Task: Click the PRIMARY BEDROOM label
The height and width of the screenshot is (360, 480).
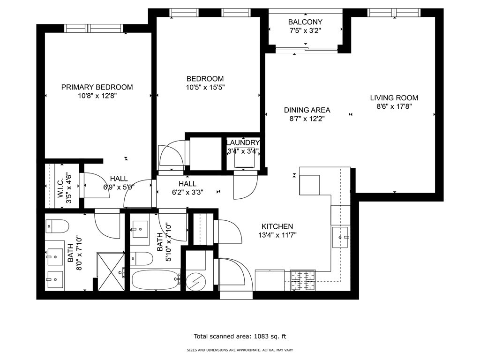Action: point(97,87)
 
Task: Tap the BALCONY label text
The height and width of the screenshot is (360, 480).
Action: point(305,22)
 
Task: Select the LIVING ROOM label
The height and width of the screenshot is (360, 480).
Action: point(394,98)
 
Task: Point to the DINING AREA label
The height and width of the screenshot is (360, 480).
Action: point(307,110)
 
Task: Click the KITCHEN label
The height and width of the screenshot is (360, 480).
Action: point(277,226)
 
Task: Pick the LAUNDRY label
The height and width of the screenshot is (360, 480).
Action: point(243,142)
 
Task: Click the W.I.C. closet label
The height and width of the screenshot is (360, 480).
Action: point(60,187)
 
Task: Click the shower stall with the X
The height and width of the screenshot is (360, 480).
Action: point(111,271)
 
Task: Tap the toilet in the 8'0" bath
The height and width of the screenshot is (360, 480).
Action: point(57,227)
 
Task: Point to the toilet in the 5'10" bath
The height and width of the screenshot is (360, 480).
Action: point(142,258)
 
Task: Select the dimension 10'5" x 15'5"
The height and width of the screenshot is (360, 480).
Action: point(205,87)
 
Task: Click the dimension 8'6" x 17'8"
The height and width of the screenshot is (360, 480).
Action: point(394,106)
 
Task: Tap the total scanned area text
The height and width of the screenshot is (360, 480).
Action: point(240,336)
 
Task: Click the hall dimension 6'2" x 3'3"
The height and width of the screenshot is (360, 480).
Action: point(187,192)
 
